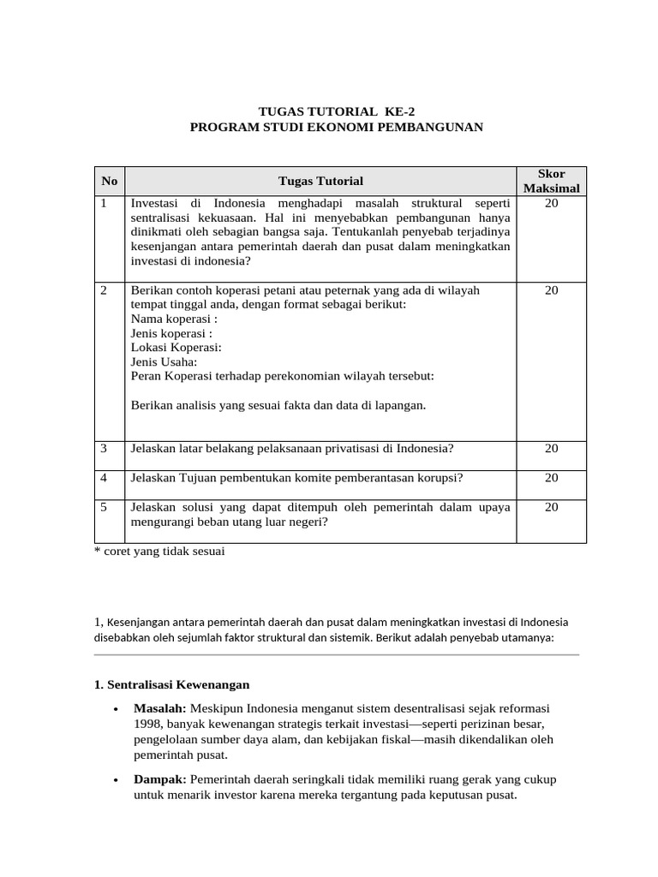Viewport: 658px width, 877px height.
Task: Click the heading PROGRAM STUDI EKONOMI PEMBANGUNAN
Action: [337, 127]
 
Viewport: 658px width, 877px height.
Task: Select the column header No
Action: [109, 181]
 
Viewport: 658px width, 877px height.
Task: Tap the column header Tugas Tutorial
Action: [320, 181]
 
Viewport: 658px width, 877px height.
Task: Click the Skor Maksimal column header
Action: [551, 181]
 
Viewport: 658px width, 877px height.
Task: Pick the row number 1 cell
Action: [104, 204]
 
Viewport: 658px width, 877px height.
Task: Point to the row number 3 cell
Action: [104, 449]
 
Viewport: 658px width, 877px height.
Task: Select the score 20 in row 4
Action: [551, 478]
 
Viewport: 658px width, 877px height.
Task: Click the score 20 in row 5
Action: [551, 507]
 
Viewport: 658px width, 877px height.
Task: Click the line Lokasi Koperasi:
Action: [176, 347]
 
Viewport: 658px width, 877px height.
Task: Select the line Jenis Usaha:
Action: [164, 361]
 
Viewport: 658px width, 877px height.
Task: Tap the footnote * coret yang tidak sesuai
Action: [159, 552]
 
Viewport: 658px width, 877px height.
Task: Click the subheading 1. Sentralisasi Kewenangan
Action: [171, 685]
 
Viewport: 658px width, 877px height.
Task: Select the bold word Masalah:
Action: [160, 709]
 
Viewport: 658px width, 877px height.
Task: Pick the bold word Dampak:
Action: [160, 780]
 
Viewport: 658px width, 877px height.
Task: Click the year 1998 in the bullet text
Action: [148, 725]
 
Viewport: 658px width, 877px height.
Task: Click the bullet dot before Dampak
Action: [115, 781]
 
